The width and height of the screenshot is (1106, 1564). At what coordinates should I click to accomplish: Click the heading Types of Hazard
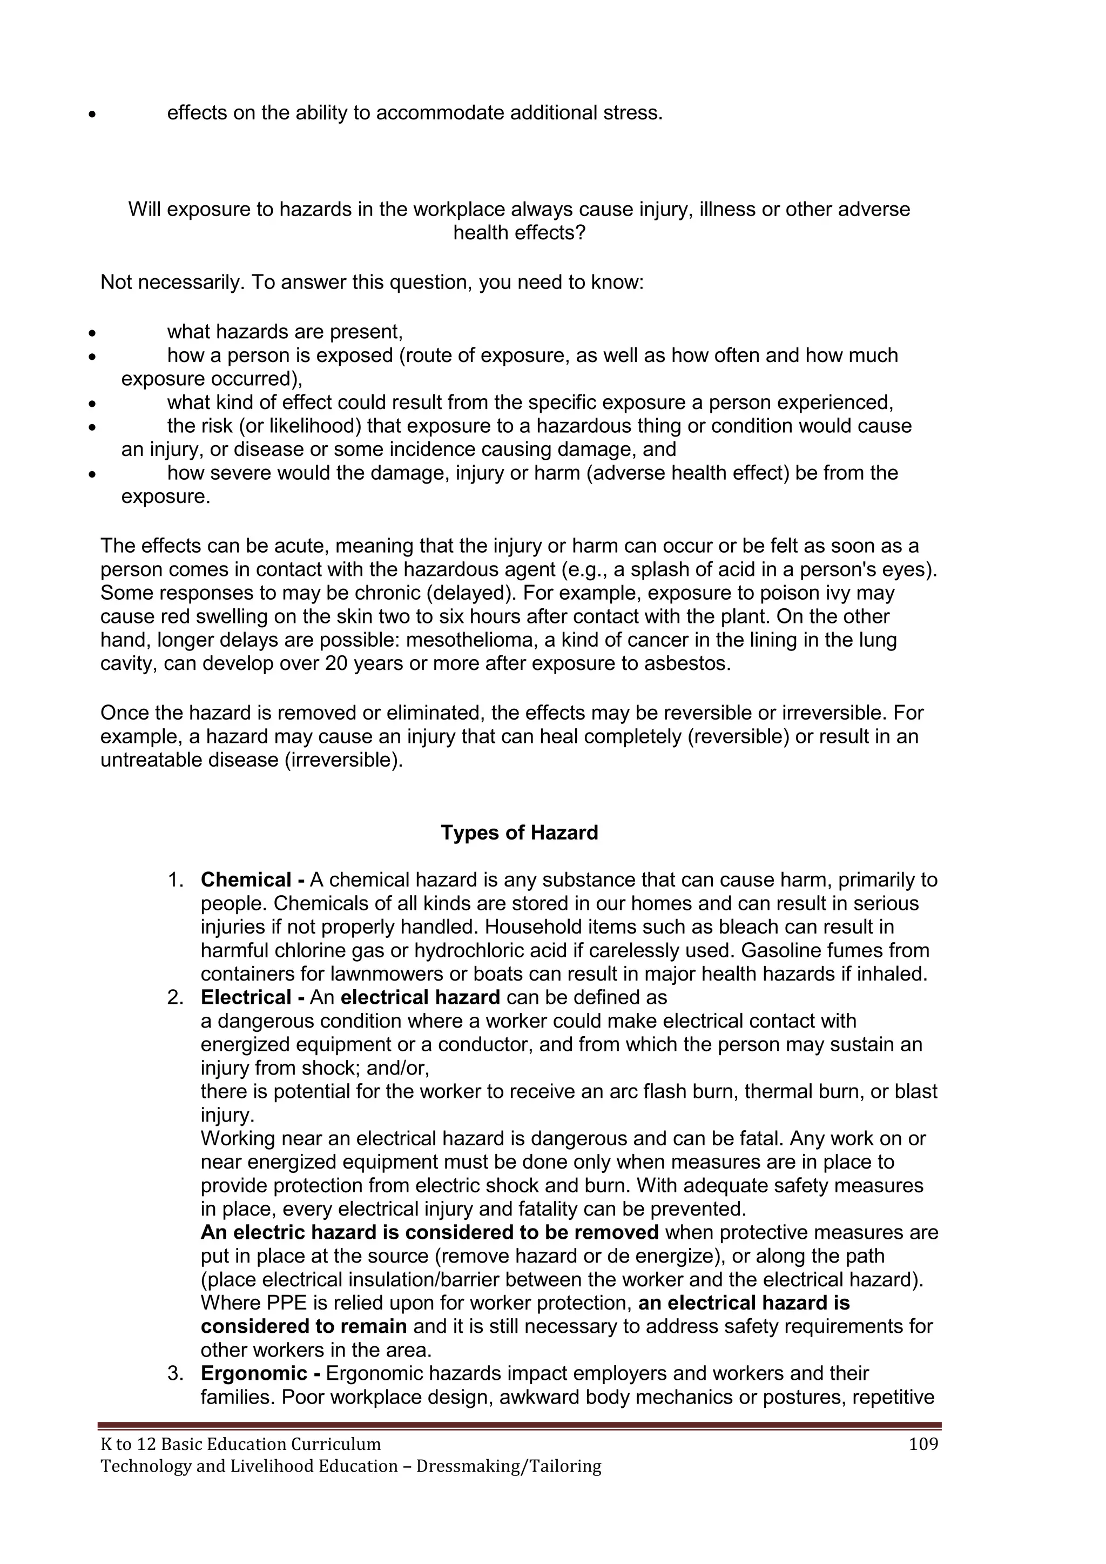point(519,833)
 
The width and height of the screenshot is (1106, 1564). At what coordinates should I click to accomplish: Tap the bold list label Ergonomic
point(253,1373)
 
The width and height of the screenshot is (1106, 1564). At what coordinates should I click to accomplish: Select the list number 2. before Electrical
point(176,997)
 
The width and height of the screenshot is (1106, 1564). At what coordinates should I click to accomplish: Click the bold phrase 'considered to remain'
point(304,1326)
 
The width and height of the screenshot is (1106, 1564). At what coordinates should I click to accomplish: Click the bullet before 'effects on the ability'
point(91,115)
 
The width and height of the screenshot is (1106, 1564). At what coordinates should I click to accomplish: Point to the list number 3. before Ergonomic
point(176,1373)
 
